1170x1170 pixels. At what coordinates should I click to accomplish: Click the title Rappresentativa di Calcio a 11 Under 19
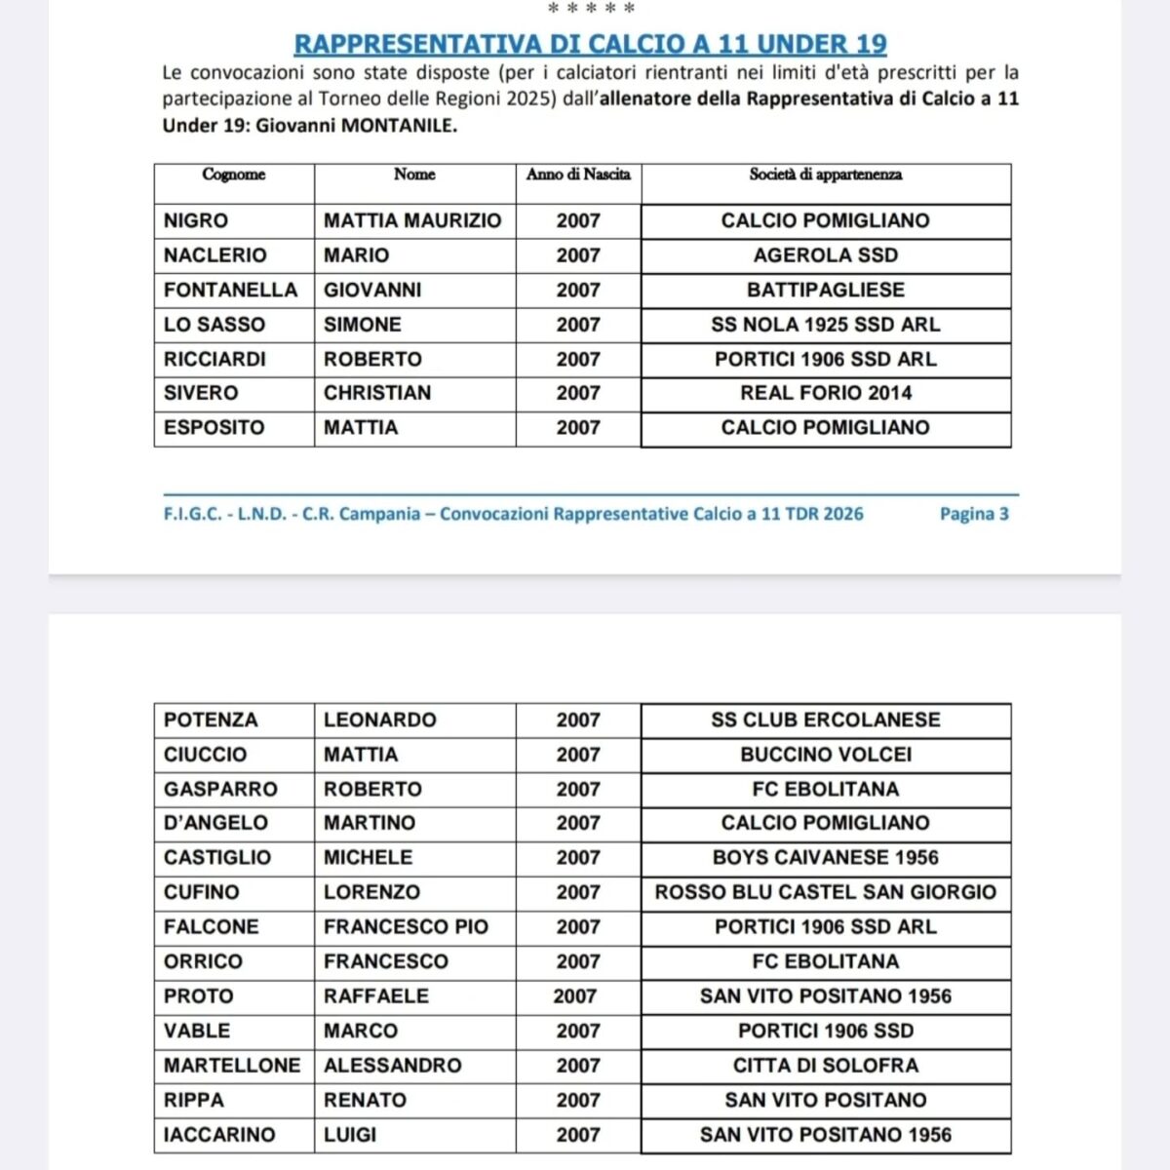[x=590, y=44]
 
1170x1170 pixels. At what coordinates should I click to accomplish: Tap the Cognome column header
[x=234, y=175]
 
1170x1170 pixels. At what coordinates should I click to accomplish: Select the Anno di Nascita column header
[x=578, y=175]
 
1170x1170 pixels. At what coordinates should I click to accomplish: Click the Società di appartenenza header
[x=826, y=175]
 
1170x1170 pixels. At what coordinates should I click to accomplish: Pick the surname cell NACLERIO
[x=214, y=255]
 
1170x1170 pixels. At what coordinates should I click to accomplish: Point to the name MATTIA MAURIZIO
[x=412, y=220]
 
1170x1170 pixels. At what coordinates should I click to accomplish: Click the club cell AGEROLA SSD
[x=826, y=255]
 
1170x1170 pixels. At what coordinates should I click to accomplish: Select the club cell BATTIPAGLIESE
[x=826, y=290]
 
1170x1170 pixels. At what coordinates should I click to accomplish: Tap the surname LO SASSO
[x=214, y=325]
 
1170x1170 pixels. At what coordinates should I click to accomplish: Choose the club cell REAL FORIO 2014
[x=826, y=393]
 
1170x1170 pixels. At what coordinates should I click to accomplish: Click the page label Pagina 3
[x=974, y=514]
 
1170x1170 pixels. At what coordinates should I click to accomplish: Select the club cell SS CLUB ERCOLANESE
[x=826, y=720]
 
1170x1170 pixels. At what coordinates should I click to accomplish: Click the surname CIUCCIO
[x=206, y=755]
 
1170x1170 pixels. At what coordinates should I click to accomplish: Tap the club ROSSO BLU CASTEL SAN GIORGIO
[x=826, y=892]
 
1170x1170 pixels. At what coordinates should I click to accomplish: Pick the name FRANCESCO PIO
[x=406, y=926]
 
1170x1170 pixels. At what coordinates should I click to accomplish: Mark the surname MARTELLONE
[x=232, y=1065]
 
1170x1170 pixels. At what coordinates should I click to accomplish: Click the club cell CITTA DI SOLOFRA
[x=826, y=1065]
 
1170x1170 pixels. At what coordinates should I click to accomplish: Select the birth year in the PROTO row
[x=575, y=995]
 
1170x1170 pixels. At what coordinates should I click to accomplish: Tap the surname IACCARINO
[x=219, y=1134]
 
